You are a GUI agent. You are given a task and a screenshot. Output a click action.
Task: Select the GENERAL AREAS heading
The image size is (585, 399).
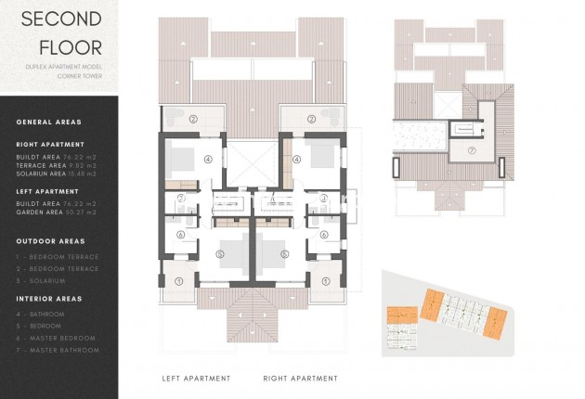coord(49,122)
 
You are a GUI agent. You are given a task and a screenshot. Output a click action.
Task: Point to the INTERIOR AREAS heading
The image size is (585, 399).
coord(50,299)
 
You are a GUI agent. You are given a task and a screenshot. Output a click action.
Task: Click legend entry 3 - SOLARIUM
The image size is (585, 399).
coord(41,280)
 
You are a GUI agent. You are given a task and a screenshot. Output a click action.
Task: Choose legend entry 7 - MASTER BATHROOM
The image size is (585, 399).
coord(57,350)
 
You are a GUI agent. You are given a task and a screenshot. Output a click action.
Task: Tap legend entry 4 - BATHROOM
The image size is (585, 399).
coord(41,315)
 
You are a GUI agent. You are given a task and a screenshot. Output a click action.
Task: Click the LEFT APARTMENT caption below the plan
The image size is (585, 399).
coord(196,379)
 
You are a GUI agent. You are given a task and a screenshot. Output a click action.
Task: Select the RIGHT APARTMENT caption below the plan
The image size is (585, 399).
coord(300,379)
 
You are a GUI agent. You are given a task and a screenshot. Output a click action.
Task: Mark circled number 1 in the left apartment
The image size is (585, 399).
coord(180,280)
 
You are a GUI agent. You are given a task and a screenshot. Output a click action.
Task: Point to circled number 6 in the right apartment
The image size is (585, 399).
coord(324,235)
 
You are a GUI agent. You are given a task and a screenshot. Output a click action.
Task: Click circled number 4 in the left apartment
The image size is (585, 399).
coord(207,160)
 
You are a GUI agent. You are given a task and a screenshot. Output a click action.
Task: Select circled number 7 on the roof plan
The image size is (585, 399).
coord(471,150)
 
